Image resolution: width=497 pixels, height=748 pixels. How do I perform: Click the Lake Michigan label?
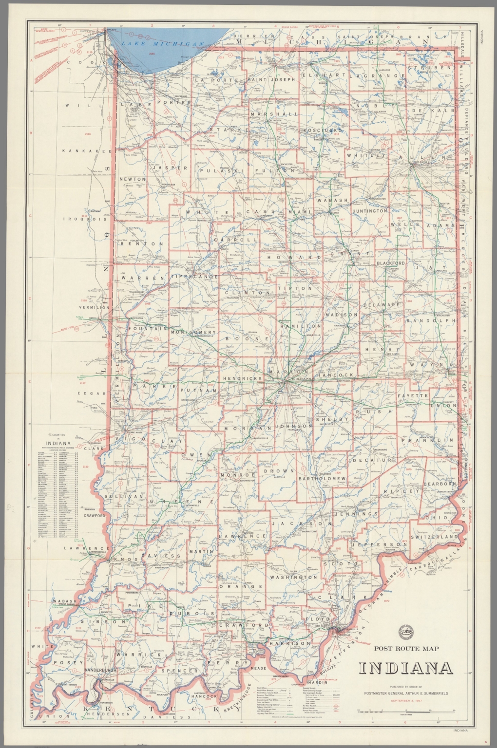(162, 44)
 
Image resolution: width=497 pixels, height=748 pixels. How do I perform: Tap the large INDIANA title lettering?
(406, 669)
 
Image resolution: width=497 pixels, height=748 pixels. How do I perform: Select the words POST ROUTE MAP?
(406, 648)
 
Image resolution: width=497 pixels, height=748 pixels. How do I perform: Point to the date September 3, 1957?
(406, 701)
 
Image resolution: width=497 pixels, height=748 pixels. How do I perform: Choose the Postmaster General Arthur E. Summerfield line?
(406, 693)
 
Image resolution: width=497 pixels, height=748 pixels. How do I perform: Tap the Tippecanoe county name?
(194, 277)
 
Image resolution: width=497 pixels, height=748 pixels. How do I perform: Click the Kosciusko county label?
(323, 131)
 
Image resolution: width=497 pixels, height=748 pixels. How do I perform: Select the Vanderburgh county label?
(100, 671)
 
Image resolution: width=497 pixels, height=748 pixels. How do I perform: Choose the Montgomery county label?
(193, 332)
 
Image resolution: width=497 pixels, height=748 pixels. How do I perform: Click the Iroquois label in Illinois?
(86, 219)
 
